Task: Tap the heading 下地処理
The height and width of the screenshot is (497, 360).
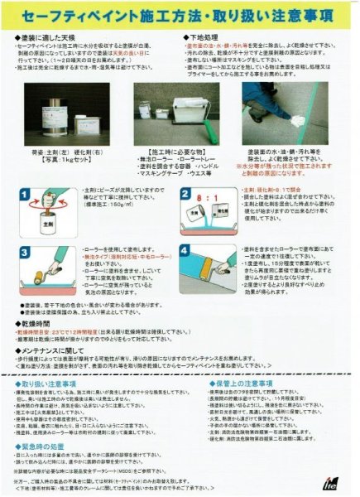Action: pos(207,38)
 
